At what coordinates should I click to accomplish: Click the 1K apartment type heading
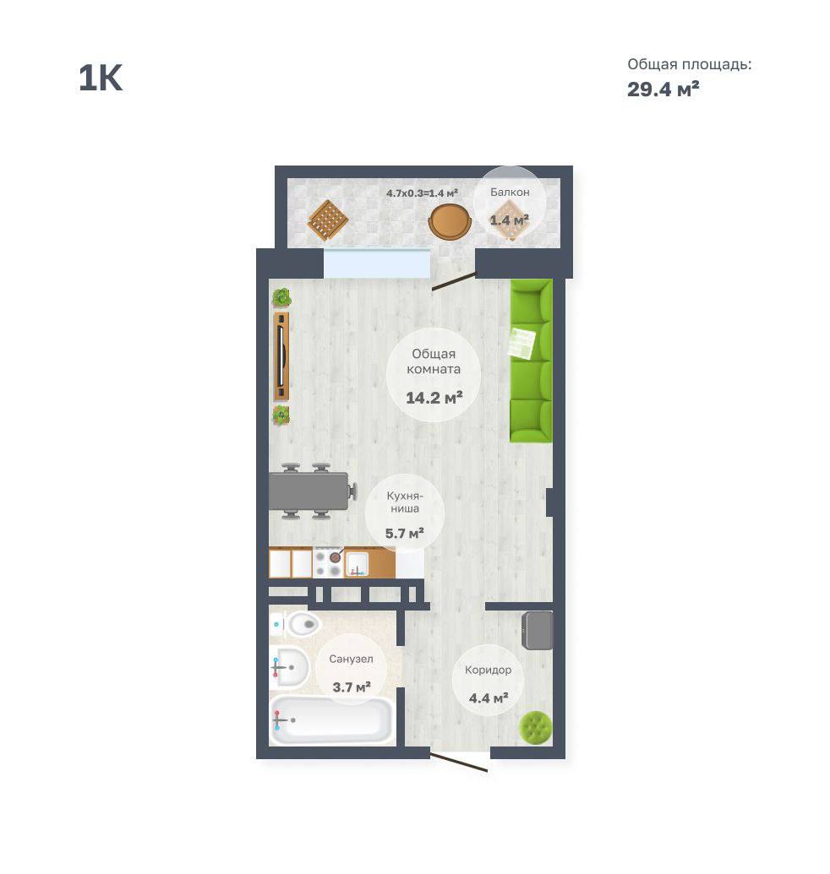point(101,78)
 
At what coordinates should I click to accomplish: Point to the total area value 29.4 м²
point(663,90)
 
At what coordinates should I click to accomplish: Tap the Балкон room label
point(510,193)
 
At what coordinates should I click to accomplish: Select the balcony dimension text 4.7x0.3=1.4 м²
point(423,193)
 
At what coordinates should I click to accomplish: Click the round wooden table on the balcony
point(450,221)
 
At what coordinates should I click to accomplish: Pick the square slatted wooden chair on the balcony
point(328,220)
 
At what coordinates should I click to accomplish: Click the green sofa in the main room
point(532,361)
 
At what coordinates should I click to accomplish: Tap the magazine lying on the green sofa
point(522,343)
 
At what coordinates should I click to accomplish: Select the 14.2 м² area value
point(434,398)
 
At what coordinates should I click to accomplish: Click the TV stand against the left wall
point(281,356)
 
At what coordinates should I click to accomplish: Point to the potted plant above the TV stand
point(281,297)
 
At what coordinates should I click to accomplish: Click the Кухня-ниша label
point(404,502)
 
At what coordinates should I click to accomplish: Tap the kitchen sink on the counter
point(356,563)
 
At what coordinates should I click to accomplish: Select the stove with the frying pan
point(328,563)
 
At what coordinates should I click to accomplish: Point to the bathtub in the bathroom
point(332,720)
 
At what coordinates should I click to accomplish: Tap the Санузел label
point(351,659)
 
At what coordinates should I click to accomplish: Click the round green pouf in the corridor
point(536,727)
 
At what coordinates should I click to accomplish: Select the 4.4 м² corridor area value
point(489,698)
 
